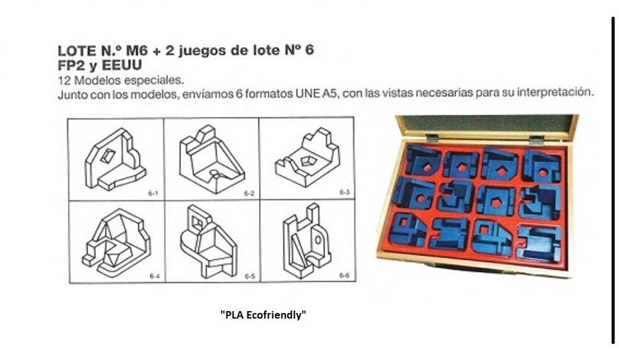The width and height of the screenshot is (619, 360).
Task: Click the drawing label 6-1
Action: [153, 193]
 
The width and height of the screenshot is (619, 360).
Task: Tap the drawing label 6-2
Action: [249, 193]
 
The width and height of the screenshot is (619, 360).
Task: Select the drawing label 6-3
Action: [345, 192]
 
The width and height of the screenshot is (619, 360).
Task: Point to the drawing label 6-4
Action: [155, 276]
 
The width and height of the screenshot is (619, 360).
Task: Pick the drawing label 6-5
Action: [250, 276]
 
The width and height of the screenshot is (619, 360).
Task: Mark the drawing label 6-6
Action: [345, 275]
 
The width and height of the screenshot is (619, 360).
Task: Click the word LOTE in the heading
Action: [77, 51]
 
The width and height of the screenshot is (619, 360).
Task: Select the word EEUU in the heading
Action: [122, 65]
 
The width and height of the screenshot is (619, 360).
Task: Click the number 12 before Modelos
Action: [64, 80]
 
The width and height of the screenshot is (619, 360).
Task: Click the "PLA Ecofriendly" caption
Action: [263, 315]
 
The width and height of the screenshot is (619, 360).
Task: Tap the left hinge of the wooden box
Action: [432, 138]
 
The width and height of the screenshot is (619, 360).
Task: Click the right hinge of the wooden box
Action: [537, 140]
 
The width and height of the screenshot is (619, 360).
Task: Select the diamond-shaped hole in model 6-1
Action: [107, 156]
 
